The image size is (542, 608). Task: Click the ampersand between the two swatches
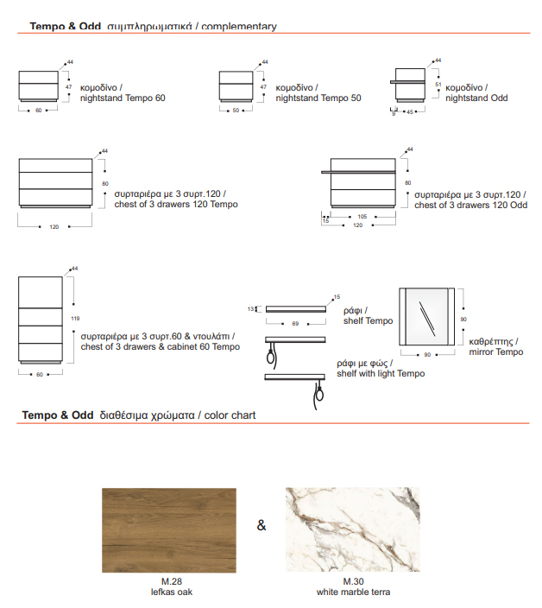tap(262, 526)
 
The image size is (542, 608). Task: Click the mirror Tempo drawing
tap(427, 319)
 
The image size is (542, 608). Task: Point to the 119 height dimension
tap(75, 319)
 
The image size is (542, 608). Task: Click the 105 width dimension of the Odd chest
tap(362, 217)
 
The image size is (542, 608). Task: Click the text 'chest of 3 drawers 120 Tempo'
tap(176, 205)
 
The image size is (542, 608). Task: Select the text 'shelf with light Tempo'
tap(381, 374)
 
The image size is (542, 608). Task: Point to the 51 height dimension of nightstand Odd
tap(438, 85)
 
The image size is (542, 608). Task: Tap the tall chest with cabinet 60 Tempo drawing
tap(40, 320)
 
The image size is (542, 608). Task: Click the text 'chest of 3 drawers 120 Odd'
tap(470, 206)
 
